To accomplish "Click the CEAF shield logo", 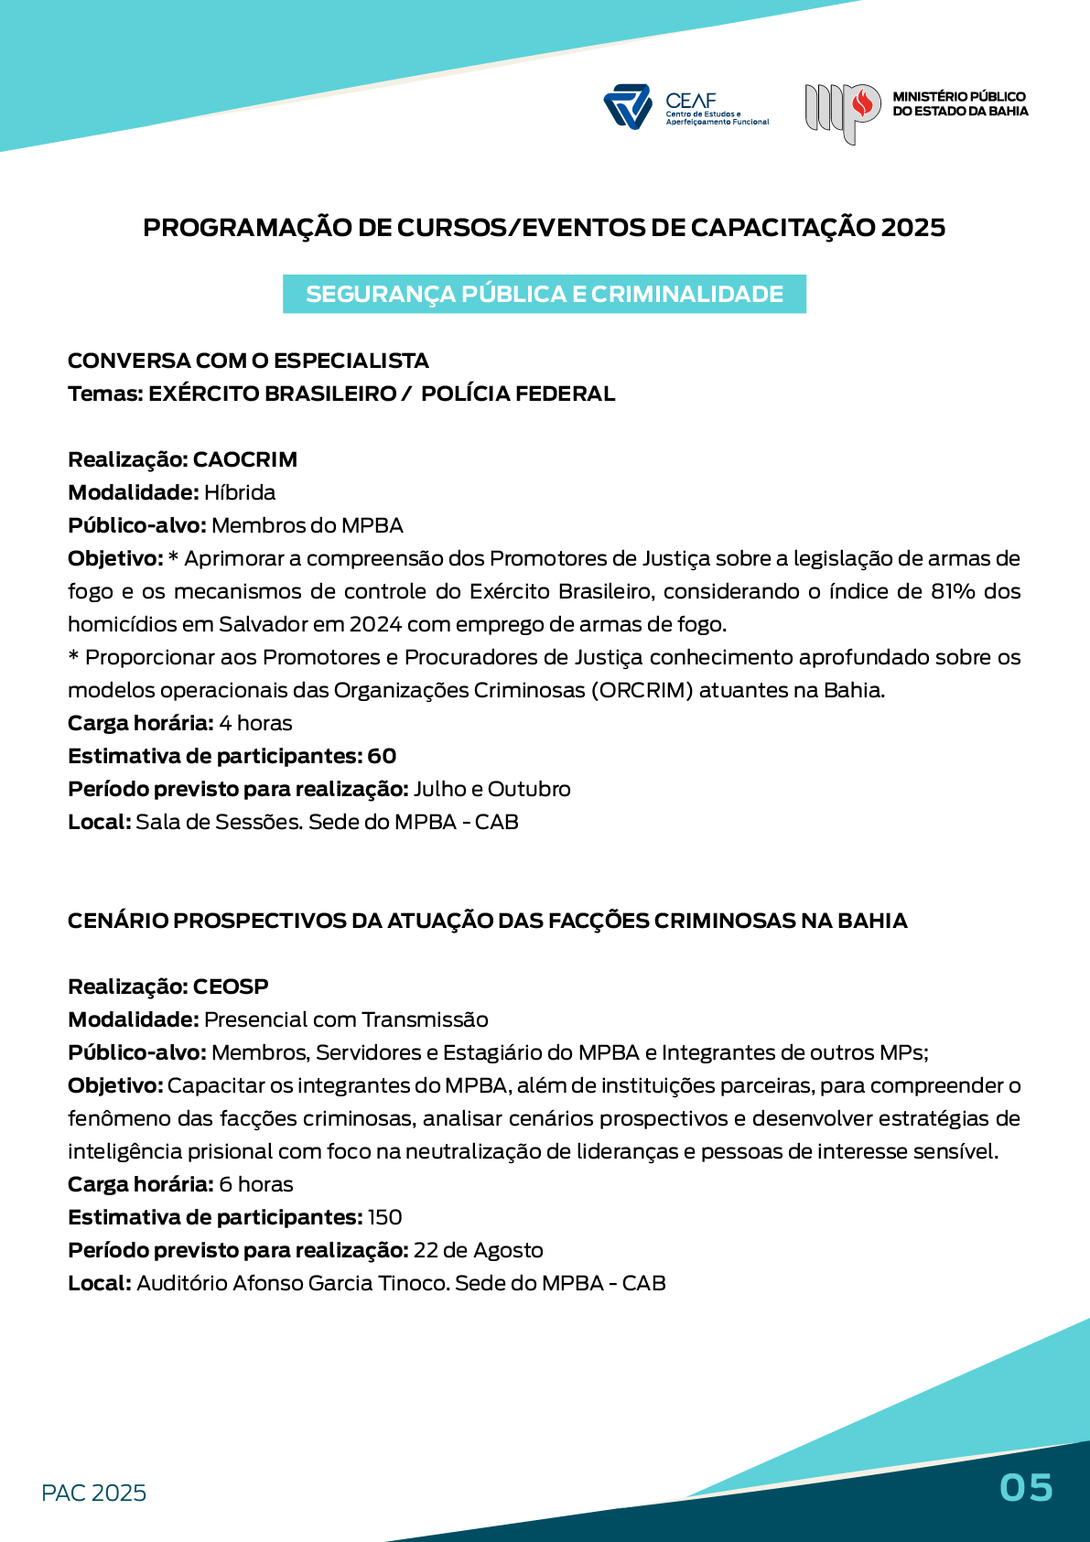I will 627,107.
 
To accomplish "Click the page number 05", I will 1026,1488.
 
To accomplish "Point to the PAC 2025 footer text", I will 94,1493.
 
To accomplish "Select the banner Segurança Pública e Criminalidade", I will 545,294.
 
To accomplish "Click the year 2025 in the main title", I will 912,227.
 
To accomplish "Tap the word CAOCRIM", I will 245,459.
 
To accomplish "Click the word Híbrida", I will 240,492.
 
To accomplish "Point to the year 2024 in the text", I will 375,624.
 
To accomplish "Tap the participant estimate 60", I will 382,756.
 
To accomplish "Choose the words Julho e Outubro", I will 491,789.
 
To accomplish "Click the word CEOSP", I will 231,987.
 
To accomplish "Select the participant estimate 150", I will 384,1217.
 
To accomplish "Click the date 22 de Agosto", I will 478,1250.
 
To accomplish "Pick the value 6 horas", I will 256,1184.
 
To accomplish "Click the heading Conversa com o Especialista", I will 248,361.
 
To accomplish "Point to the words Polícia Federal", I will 518,394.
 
